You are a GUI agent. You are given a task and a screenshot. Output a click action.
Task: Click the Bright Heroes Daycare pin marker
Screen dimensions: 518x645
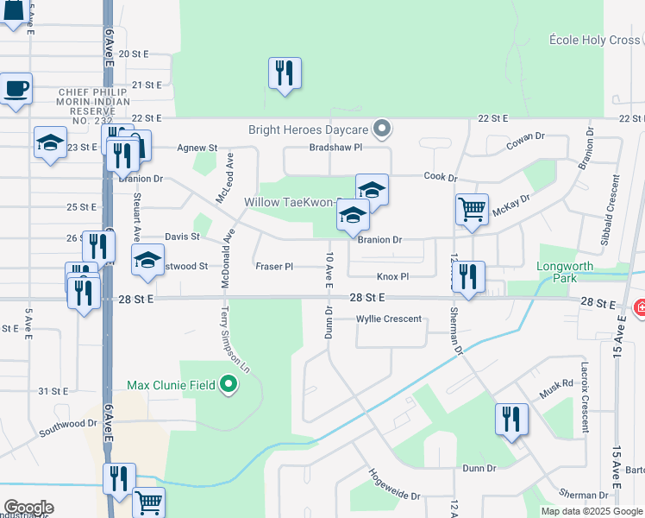pos(385,130)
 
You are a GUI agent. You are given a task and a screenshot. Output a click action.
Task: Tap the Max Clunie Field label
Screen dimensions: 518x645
pos(172,384)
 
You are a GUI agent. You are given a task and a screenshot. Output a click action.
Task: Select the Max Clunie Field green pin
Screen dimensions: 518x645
pos(229,384)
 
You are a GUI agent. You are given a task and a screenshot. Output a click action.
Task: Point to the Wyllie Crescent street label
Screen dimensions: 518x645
pos(390,319)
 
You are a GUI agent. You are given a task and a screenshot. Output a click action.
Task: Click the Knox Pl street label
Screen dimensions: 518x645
pos(392,277)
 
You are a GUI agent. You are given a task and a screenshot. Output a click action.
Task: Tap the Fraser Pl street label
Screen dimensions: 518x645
pos(274,267)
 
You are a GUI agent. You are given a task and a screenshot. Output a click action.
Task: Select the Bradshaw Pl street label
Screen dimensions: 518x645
pos(335,148)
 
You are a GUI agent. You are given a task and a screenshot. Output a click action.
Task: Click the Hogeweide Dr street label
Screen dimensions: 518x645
pos(393,485)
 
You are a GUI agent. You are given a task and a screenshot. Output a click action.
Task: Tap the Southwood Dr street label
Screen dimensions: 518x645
pos(67,424)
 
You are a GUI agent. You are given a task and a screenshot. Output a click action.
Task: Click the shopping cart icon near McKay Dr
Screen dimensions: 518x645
pos(472,208)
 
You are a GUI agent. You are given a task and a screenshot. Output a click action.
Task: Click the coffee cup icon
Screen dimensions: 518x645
pos(16,88)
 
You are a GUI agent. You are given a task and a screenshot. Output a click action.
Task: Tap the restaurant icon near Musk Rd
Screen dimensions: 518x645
pos(511,419)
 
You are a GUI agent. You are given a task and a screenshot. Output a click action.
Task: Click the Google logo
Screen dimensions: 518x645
pos(28,508)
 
